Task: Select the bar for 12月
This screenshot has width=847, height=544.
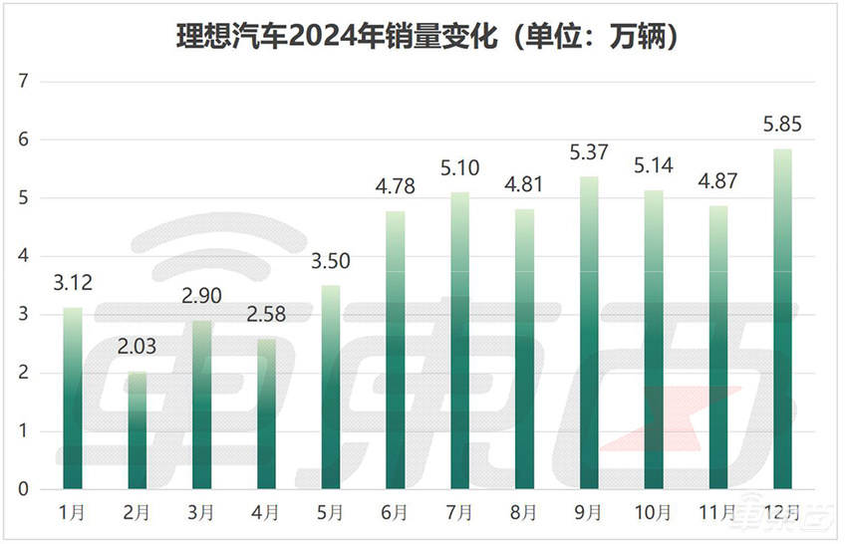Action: (x=782, y=319)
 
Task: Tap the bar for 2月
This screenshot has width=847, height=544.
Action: (x=137, y=430)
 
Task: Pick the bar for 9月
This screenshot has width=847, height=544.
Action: (x=588, y=333)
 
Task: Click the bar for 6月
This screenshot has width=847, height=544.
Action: (x=395, y=350)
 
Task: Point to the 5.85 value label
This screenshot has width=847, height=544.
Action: (x=782, y=127)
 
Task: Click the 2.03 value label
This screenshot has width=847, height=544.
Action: (x=137, y=349)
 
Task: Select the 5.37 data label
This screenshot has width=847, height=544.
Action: (x=588, y=154)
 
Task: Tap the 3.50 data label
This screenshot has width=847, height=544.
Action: (x=330, y=264)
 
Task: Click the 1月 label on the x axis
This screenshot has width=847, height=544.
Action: (x=72, y=513)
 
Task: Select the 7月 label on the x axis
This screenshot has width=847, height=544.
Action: (x=459, y=513)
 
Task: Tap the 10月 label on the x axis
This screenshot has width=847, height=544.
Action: (x=653, y=513)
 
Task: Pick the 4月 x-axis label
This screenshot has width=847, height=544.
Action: (x=266, y=513)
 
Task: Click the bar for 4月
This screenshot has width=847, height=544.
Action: (x=266, y=414)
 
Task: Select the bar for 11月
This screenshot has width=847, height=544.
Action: (x=717, y=348)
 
